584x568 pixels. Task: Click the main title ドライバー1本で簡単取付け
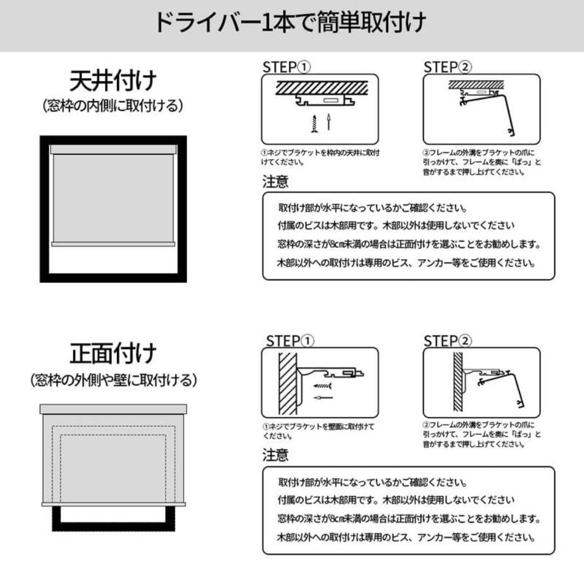[x=290, y=23]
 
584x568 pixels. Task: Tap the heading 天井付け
[x=113, y=81]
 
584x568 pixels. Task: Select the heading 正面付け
[x=113, y=353]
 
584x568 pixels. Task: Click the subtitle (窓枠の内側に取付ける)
[x=113, y=106]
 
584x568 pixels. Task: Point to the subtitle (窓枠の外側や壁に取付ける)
[x=113, y=380]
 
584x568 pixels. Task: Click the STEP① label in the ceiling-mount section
[x=287, y=67]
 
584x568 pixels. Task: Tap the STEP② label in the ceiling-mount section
[x=447, y=67]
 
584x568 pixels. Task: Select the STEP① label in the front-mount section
[x=289, y=341]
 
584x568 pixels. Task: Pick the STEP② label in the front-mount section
[x=447, y=341]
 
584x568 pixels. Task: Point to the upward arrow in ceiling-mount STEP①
[x=329, y=122]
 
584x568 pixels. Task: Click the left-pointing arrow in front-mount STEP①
[x=323, y=398]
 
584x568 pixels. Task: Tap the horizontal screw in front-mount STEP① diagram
[x=322, y=385]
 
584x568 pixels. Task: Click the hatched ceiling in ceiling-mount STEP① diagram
[x=322, y=88]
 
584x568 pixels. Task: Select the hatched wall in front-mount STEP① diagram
[x=288, y=383]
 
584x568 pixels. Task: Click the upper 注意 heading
[x=275, y=182]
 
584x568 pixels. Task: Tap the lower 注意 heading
[x=275, y=455]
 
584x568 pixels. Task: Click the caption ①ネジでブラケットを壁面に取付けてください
[x=318, y=431]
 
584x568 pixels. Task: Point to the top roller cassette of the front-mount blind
[x=113, y=409]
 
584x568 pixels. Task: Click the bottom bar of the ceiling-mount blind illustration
[x=113, y=244]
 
